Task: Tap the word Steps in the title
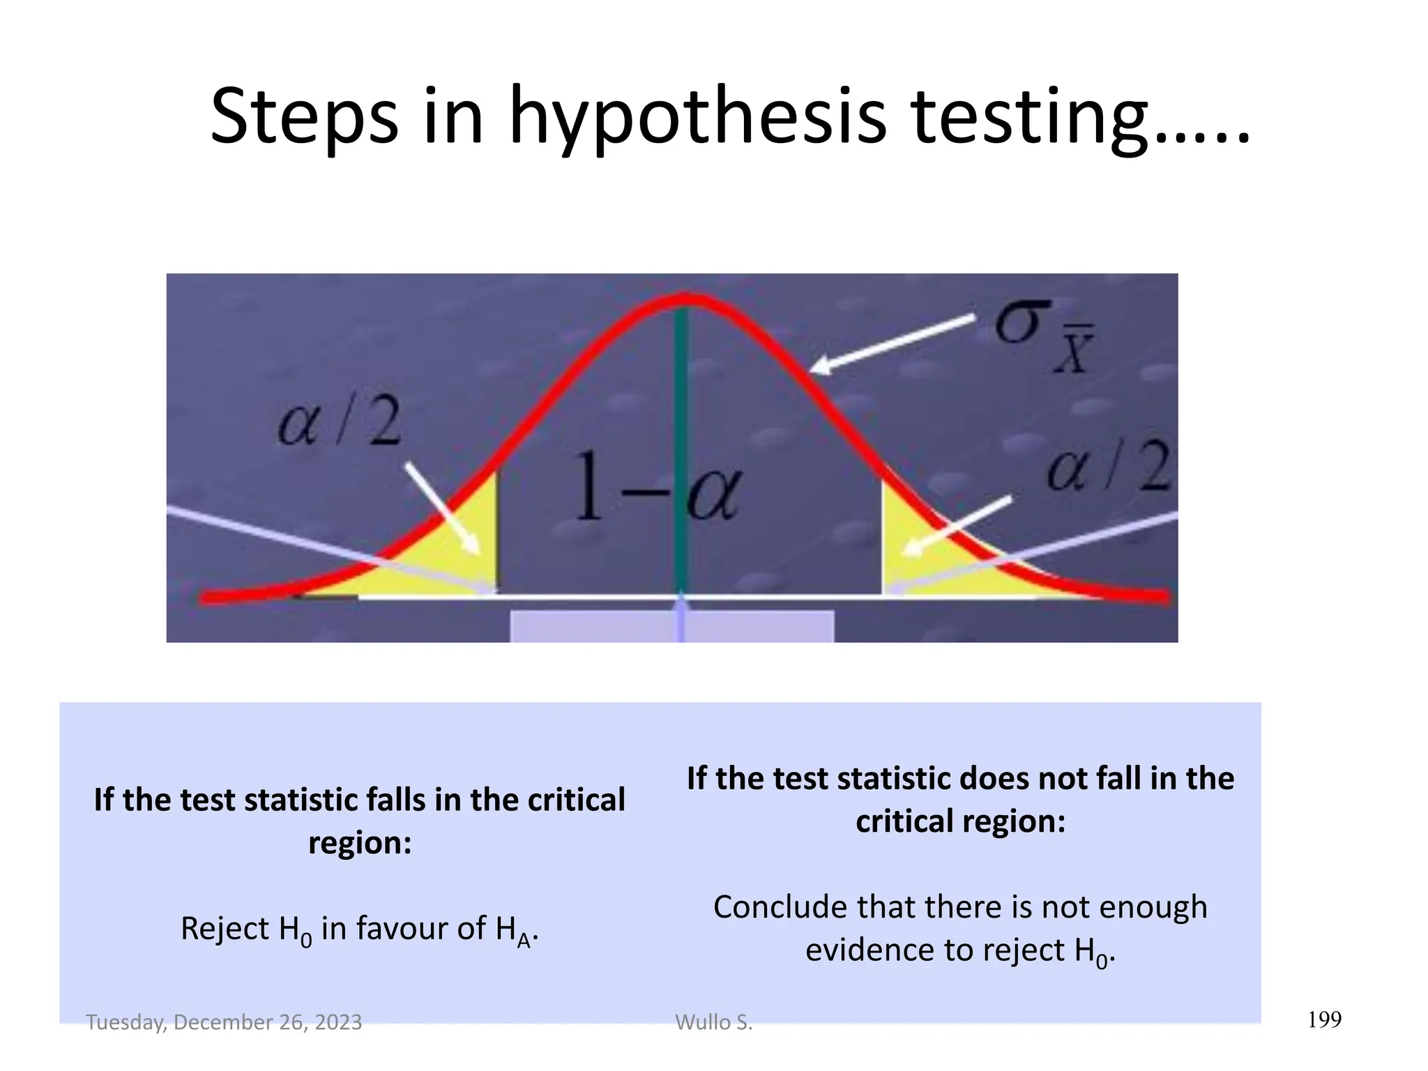point(304,117)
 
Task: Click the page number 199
point(1324,1020)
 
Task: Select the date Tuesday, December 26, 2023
point(224,1022)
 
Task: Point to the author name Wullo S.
point(714,1022)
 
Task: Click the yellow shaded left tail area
point(446,565)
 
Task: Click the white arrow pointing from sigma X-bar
point(892,342)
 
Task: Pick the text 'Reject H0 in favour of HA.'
point(360,930)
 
